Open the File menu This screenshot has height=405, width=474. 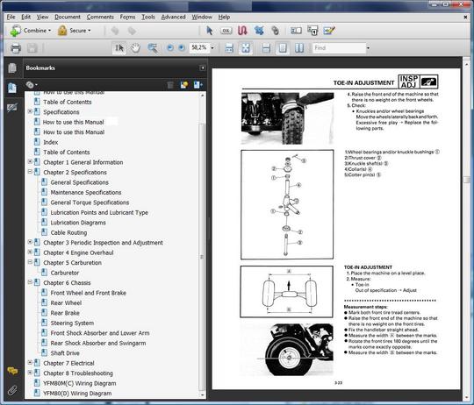pyautogui.click(x=11, y=17)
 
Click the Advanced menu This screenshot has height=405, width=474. pyautogui.click(x=173, y=17)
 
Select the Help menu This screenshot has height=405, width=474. pyautogui.click(x=225, y=17)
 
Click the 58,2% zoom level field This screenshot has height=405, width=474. pyautogui.click(x=199, y=47)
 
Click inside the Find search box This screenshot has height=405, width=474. pyautogui.click(x=339, y=47)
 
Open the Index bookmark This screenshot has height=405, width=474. pyautogui.click(x=51, y=142)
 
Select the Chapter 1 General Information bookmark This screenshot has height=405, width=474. pyautogui.click(x=83, y=162)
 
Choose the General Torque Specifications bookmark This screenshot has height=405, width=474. pyautogui.click(x=90, y=202)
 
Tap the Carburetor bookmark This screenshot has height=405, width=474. pyautogui.click(x=65, y=273)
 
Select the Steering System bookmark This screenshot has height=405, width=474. pyautogui.click(x=72, y=323)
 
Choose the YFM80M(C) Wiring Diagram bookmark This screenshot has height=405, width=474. pyautogui.click(x=79, y=383)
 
